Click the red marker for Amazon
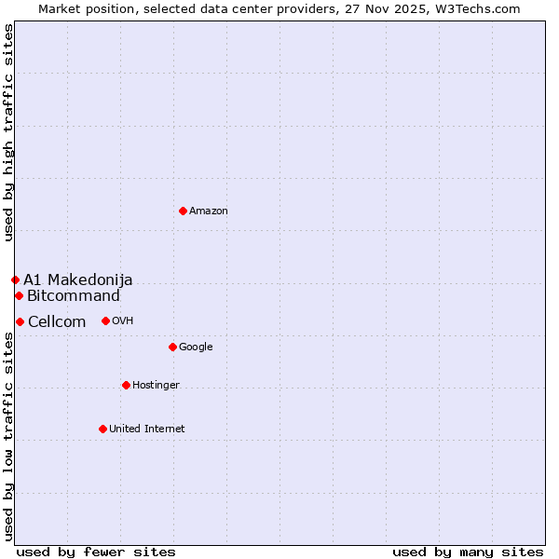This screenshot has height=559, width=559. (183, 211)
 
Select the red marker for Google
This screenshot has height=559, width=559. (172, 347)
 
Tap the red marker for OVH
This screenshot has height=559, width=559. (105, 320)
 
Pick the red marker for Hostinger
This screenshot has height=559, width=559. (126, 385)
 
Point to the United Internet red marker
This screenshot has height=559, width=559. (102, 429)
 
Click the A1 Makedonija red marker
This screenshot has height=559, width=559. (15, 279)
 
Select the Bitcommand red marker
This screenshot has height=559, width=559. (19, 295)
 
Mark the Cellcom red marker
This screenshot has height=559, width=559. (20, 321)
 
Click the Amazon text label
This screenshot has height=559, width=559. (209, 211)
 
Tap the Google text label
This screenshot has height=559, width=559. (196, 348)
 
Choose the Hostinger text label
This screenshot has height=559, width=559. (156, 386)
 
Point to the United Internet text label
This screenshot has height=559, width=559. (146, 429)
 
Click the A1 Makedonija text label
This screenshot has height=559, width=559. (78, 279)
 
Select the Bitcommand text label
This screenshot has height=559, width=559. (74, 296)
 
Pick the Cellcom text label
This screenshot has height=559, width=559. (57, 322)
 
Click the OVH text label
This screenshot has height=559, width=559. (123, 321)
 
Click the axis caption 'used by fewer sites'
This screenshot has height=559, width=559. (96, 552)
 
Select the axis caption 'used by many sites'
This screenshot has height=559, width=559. (468, 552)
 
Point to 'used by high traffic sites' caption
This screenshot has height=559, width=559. (8, 132)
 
